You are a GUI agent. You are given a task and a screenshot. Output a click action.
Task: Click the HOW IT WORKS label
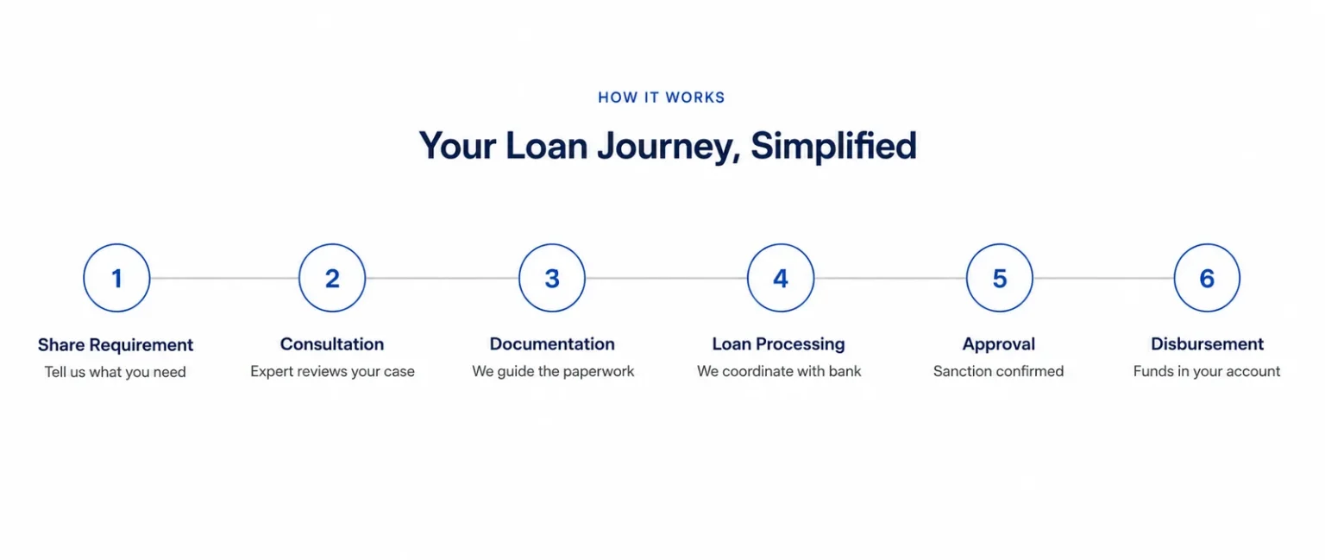[x=662, y=98]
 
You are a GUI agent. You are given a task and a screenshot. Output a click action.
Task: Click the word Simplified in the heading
[x=834, y=146]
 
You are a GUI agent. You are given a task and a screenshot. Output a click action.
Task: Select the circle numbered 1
[x=116, y=244]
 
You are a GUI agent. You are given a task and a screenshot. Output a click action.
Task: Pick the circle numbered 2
[x=332, y=244]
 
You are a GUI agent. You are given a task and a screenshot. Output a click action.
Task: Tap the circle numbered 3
[x=552, y=244]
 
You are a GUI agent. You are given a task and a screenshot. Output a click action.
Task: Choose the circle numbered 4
[x=781, y=244]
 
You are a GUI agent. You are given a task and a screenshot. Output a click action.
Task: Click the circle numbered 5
[x=1000, y=244]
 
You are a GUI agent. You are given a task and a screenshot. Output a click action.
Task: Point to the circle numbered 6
[x=1207, y=244]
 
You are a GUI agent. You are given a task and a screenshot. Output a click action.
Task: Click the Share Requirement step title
[x=116, y=345]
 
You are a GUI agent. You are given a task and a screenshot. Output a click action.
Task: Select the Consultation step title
[x=332, y=344]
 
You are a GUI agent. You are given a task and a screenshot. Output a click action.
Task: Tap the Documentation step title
[x=552, y=344]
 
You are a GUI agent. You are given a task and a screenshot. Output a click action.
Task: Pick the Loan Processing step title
[x=778, y=344]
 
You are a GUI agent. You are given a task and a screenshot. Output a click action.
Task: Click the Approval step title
[x=998, y=345]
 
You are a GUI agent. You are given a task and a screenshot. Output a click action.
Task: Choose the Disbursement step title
[x=1207, y=344]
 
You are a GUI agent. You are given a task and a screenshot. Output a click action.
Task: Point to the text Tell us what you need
[x=116, y=372]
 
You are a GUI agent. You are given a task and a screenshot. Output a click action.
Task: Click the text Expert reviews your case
[x=332, y=372]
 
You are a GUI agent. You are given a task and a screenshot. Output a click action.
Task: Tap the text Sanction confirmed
[x=998, y=371]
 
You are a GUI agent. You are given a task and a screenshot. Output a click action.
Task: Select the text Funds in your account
[x=1207, y=372]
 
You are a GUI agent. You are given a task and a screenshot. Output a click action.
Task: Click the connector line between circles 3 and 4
[x=666, y=278]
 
